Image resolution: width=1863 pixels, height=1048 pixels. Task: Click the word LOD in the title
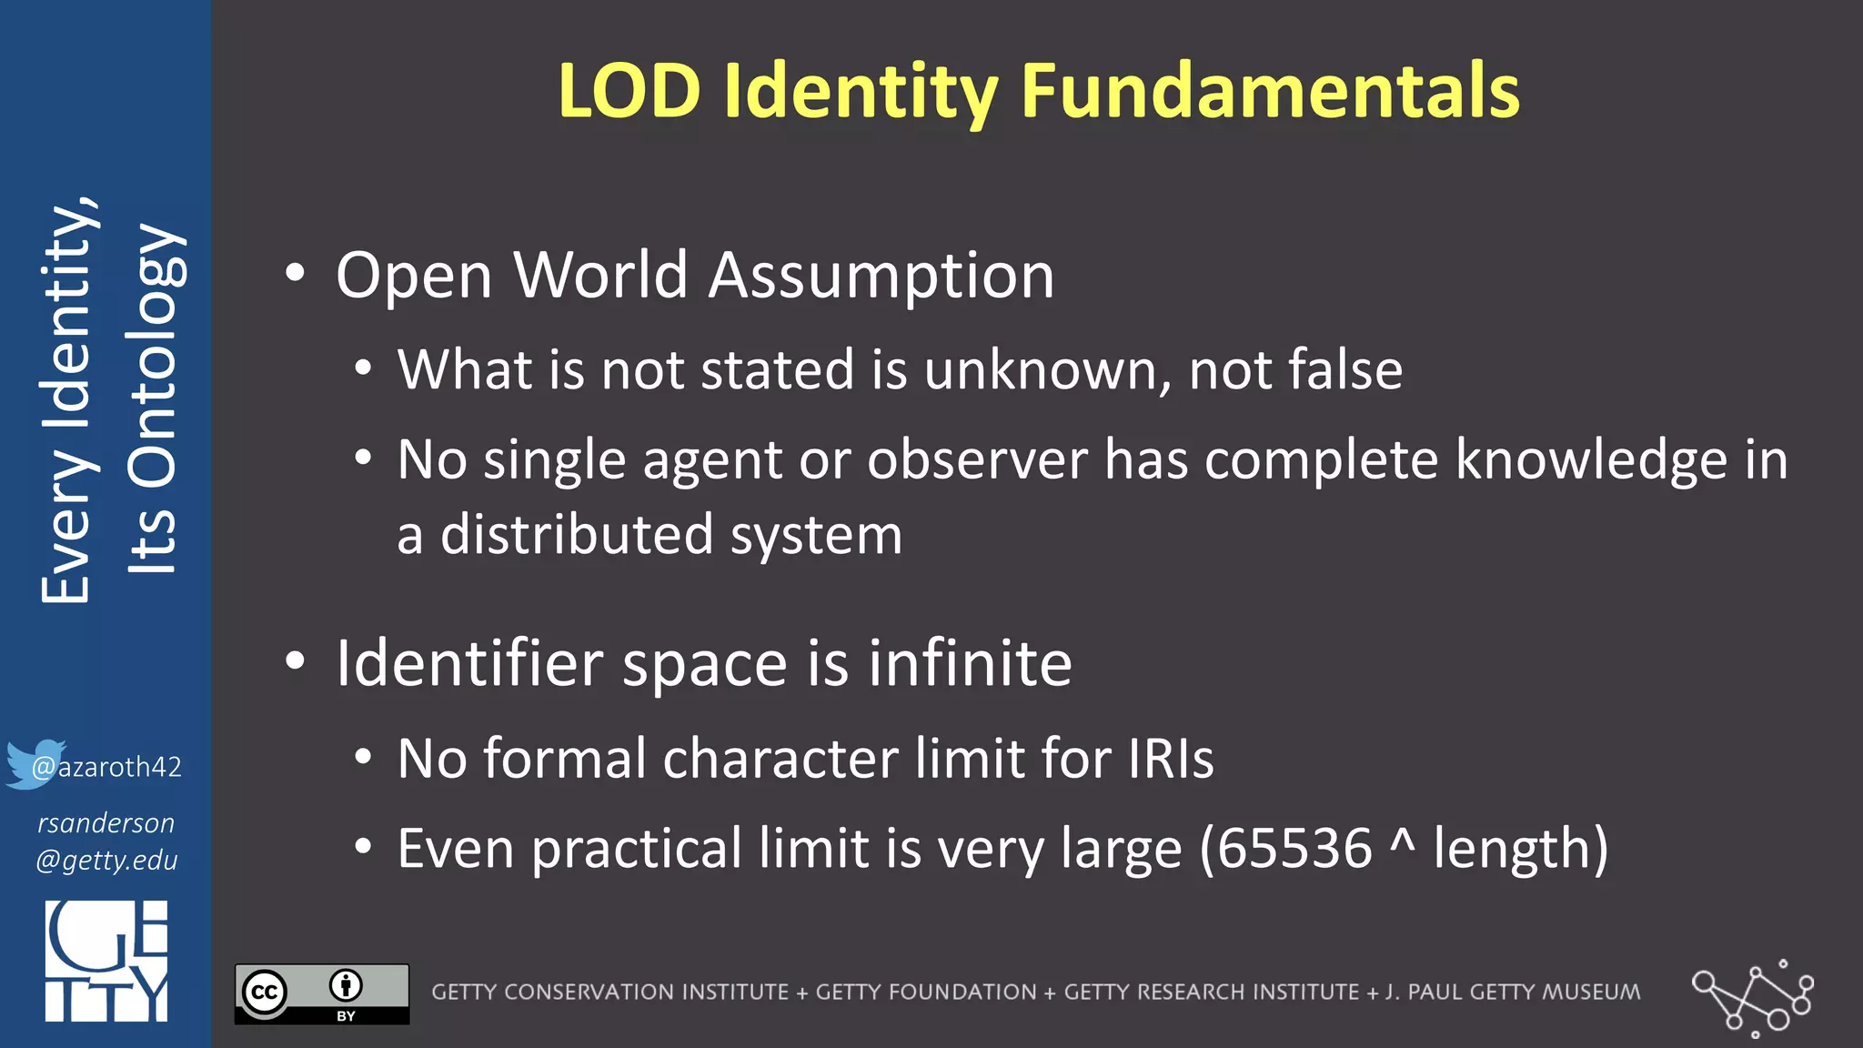[629, 91]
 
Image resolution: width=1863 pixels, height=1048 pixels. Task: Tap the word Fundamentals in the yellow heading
[1270, 91]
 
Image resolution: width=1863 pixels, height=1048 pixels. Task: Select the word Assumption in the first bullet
[881, 275]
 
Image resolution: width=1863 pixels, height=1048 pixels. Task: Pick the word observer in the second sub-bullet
[977, 459]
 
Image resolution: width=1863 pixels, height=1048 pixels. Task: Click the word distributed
[577, 534]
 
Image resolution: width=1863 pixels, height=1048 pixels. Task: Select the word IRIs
[1170, 758]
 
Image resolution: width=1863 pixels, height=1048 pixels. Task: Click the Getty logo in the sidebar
[106, 961]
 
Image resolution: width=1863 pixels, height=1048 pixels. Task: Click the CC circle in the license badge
[265, 992]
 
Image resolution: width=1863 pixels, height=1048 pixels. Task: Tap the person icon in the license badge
[346, 984]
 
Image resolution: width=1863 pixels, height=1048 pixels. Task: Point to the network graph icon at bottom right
[1753, 997]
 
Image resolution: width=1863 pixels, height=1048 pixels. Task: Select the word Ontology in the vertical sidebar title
[153, 400]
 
